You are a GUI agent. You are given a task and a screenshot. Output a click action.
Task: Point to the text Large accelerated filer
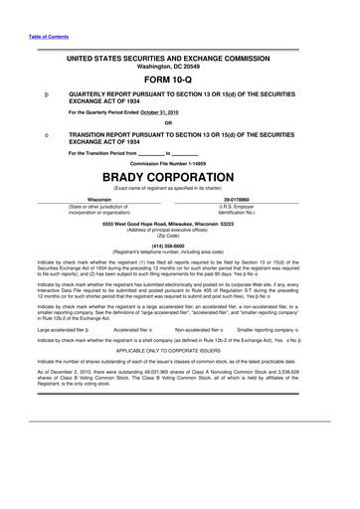(x=59, y=327)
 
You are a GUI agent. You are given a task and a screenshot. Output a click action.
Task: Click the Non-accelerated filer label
(x=201, y=327)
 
